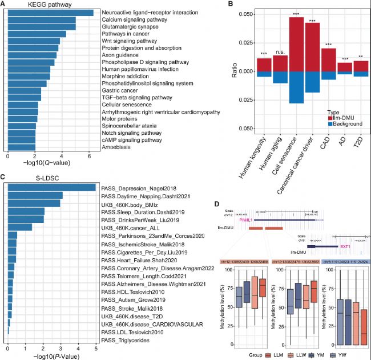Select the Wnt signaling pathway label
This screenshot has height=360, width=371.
click(126, 41)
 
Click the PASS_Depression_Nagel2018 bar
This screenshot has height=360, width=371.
click(51, 187)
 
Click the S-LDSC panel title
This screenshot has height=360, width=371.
click(23, 178)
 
